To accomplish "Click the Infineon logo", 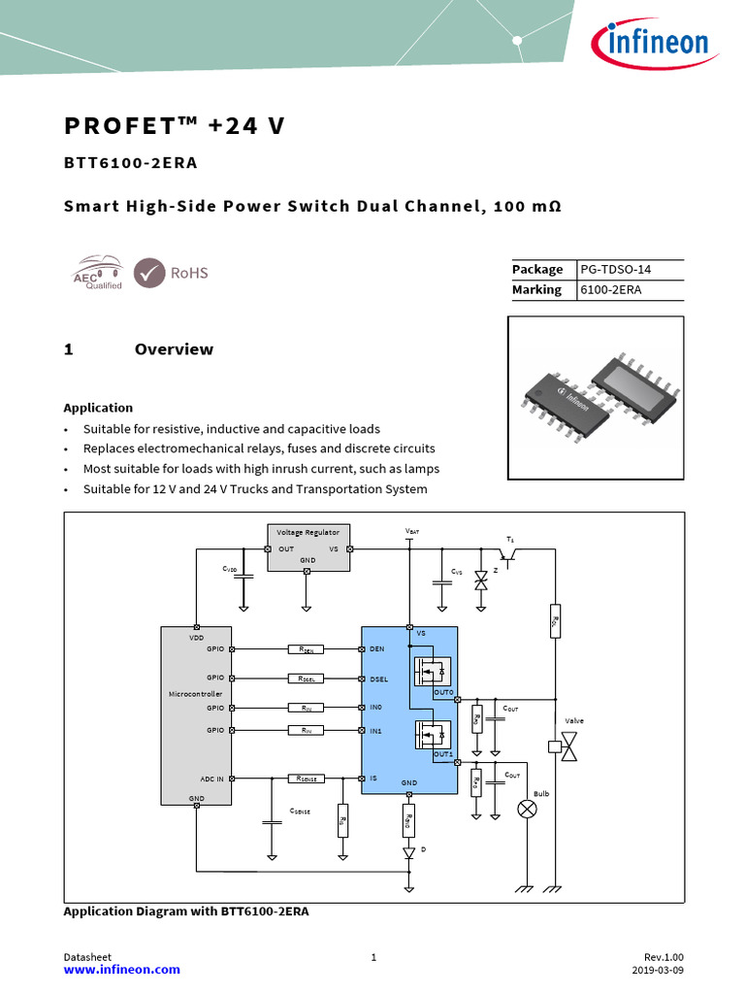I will [651, 43].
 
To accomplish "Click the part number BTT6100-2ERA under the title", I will [130, 163].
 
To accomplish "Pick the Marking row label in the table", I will [536, 289].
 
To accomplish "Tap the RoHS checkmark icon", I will [148, 273].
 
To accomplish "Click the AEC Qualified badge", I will [97, 273].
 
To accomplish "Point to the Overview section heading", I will [174, 349].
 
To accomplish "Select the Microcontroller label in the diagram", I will [195, 694].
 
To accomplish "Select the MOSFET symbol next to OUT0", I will [429, 670].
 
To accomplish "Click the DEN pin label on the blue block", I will [377, 648].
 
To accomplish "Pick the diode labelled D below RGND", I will [409, 852].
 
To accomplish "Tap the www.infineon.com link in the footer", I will [121, 970].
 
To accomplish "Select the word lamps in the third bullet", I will [421, 469].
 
